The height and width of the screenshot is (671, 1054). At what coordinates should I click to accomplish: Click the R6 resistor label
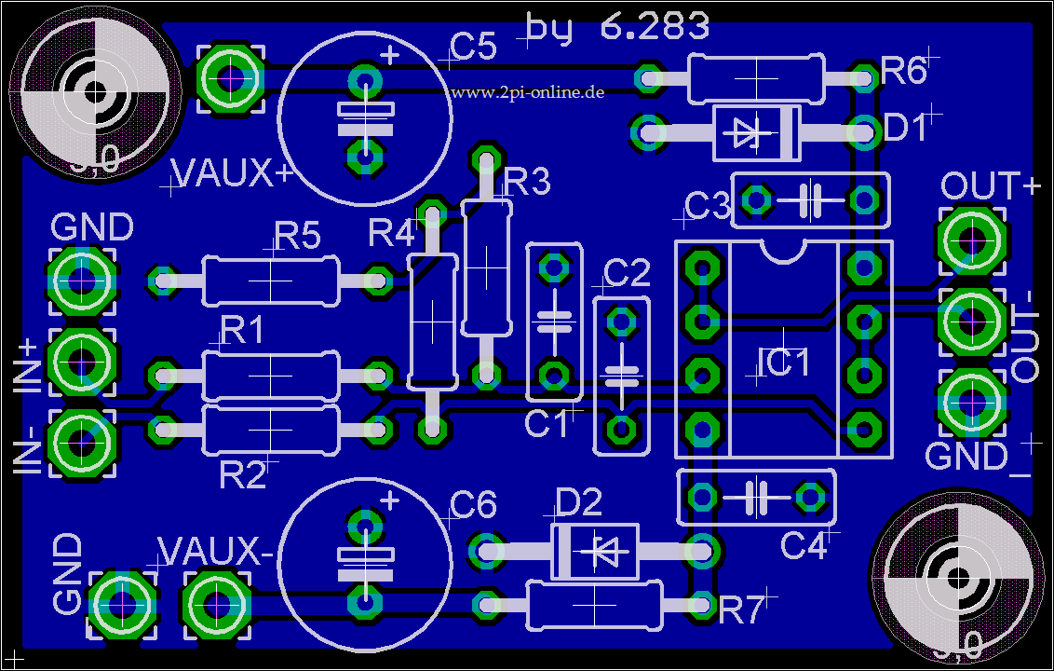point(903,71)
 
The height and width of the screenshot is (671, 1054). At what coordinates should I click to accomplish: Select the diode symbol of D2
point(595,552)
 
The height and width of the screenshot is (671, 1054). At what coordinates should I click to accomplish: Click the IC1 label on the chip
point(784,363)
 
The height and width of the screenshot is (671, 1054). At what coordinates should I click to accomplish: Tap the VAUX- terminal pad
point(218,605)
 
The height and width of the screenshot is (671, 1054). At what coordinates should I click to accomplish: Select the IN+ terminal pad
point(83,358)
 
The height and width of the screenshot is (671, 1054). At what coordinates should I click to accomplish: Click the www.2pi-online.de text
point(526,92)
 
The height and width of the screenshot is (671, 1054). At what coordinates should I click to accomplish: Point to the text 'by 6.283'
point(617,26)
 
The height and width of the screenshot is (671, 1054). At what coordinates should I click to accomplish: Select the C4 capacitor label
point(804,546)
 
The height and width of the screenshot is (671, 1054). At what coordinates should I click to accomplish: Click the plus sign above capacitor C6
point(389,502)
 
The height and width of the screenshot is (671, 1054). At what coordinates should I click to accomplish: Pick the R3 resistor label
point(527,183)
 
